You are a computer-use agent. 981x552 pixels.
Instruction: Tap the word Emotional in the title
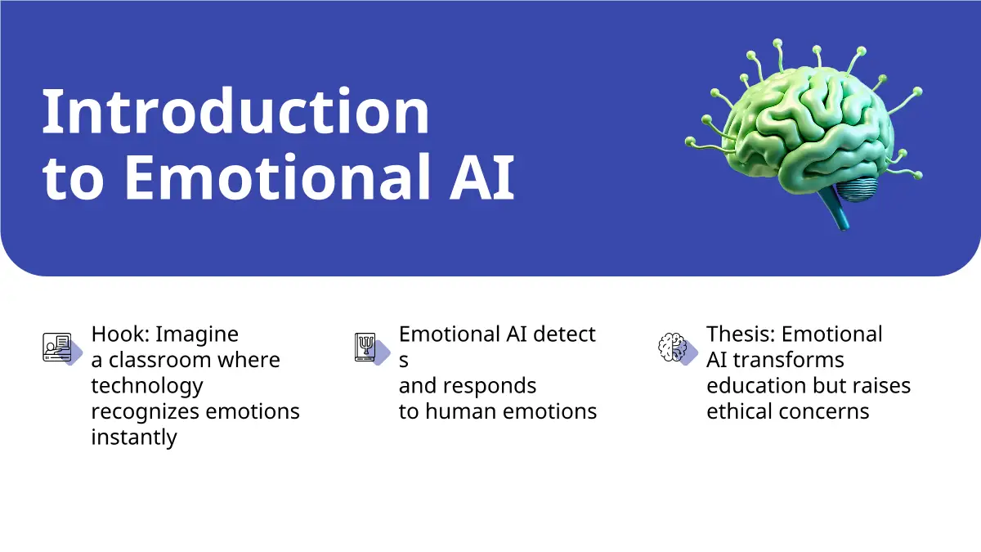tap(277, 177)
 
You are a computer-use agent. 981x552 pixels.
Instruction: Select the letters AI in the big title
tap(482, 177)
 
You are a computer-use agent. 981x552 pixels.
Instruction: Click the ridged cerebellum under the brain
tap(857, 189)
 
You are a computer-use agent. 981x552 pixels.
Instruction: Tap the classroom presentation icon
tap(57, 347)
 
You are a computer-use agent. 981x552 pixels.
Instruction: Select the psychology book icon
tap(365, 347)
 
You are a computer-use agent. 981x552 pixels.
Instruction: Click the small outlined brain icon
tap(672, 347)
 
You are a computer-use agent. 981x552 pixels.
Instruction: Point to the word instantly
tap(134, 438)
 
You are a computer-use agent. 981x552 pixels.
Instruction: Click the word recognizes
tap(146, 412)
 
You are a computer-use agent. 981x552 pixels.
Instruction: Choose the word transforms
tap(788, 360)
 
